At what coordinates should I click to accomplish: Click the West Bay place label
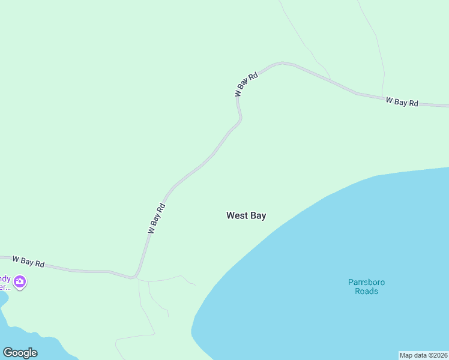coord(246,215)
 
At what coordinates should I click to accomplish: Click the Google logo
coord(20,353)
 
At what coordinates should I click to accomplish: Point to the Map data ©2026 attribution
coord(423,355)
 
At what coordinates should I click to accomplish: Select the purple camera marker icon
coord(20,281)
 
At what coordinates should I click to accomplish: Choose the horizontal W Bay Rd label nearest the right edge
coord(402,102)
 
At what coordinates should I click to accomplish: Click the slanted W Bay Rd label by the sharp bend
coord(246,85)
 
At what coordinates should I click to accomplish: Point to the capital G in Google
coord(7,353)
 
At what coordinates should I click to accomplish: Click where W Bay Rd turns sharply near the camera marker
coord(136,277)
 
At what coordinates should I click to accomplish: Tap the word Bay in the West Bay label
coord(258,215)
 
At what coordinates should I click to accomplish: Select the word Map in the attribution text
coord(407,355)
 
